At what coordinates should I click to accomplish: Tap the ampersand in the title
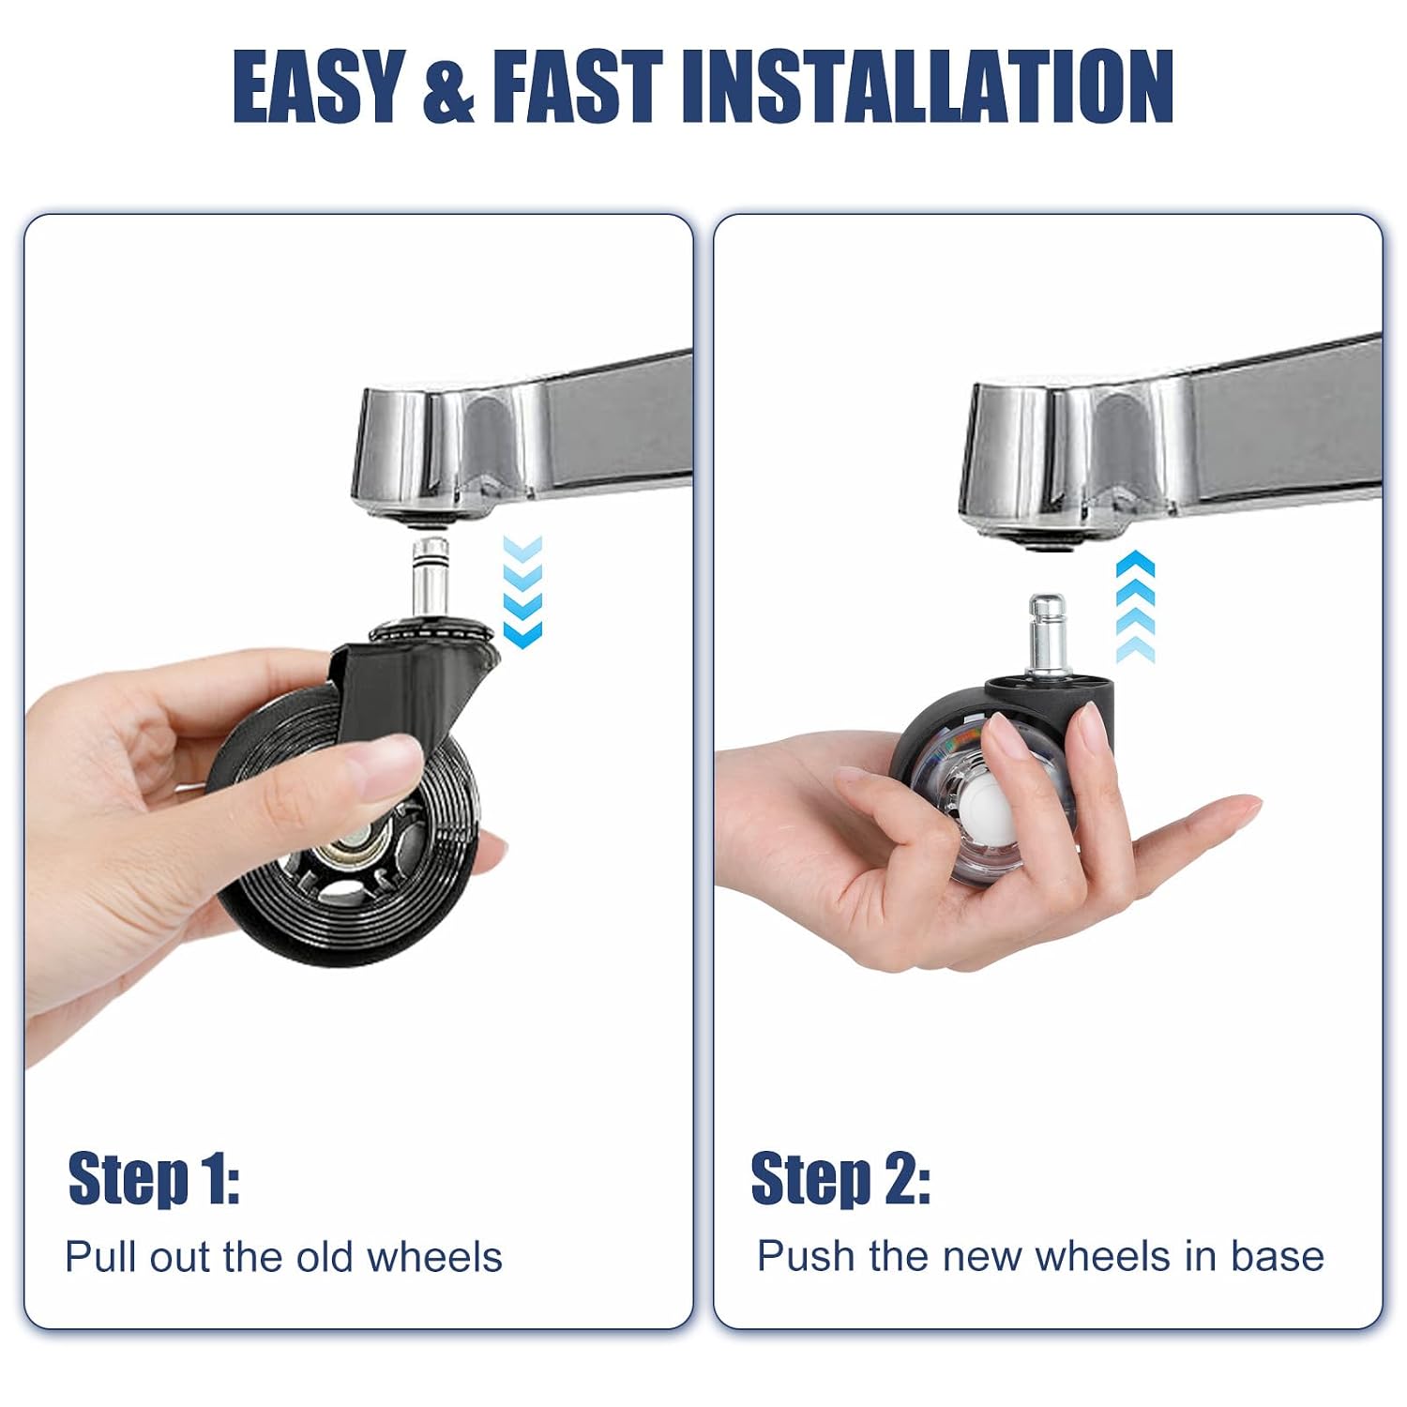448,88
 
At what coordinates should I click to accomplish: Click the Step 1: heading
154,1178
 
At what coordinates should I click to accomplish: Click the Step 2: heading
840,1178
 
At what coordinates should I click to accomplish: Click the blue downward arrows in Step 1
522,592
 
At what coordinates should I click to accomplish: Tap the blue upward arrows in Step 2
1135,607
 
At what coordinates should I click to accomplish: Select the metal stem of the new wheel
1047,632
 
